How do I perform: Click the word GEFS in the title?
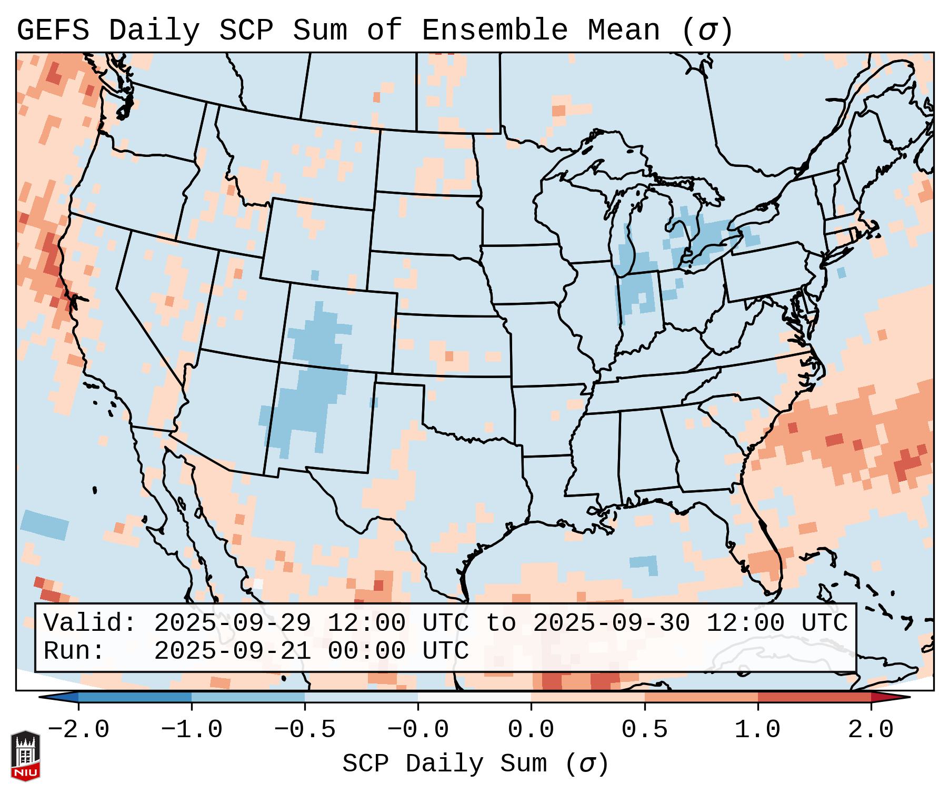53,30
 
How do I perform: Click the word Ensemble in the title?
494,30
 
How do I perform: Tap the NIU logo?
25,756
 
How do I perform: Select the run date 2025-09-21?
232,651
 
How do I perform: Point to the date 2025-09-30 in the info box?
611,623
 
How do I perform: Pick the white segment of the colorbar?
474,697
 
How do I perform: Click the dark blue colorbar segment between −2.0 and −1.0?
135,697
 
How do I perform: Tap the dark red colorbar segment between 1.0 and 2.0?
814,697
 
